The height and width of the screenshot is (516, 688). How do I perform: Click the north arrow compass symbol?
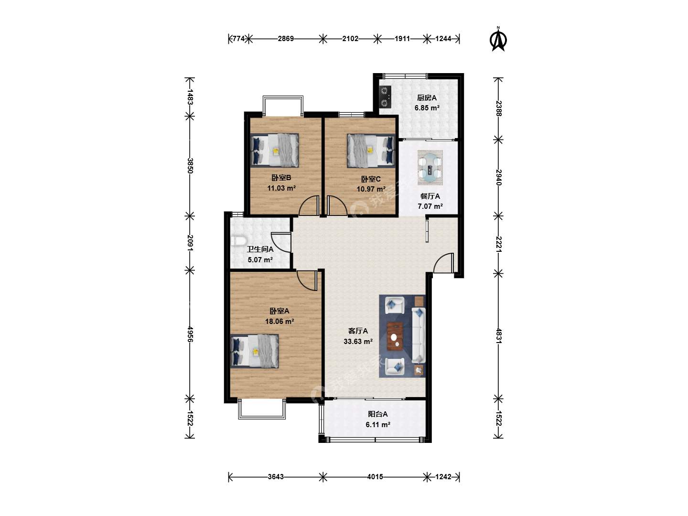pos(498,39)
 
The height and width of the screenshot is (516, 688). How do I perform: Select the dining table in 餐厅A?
pos(430,168)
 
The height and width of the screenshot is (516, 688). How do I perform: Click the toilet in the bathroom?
pos(238,241)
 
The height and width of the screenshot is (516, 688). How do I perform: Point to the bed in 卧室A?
pos(254,351)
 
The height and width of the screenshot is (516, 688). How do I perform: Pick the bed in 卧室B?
pos(274,150)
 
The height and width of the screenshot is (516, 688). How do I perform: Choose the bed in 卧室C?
pos(371,151)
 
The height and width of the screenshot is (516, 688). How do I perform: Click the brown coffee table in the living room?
pos(395,336)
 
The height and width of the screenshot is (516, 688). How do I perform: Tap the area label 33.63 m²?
pos(358,342)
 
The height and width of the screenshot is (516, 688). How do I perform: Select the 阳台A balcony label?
pos(378,414)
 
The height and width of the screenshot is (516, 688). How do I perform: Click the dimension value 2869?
pos(286,39)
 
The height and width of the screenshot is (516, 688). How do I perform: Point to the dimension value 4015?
pos(375,477)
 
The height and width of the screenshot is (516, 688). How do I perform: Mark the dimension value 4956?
pos(190,334)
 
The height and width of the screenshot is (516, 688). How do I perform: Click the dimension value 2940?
pos(499,177)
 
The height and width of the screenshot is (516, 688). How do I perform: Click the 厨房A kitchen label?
pos(427,98)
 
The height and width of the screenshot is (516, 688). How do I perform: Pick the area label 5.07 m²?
pos(260,260)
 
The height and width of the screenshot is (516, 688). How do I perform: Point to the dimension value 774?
pos(238,39)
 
